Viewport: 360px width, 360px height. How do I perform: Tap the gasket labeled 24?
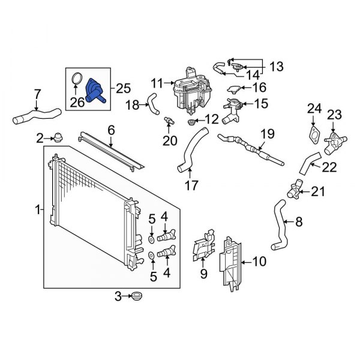point(312,134)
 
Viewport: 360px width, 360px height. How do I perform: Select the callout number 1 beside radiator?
point(38,210)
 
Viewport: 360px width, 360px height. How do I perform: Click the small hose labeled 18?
point(154,105)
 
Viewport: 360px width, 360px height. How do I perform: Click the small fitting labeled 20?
point(170,121)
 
